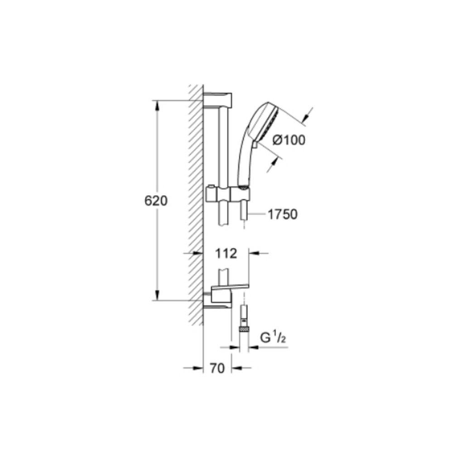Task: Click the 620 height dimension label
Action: [x=156, y=201]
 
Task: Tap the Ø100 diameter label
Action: [x=289, y=140]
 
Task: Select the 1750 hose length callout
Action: [x=283, y=214]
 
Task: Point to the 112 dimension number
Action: [x=226, y=253]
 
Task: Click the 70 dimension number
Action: [x=217, y=368]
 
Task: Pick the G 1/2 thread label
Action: [x=273, y=338]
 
